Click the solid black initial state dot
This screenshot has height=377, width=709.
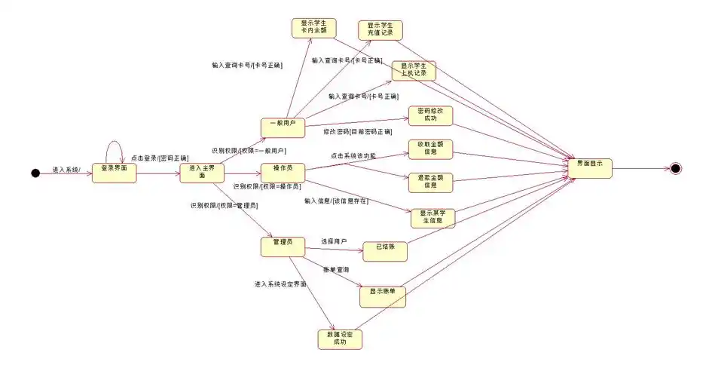click(35, 173)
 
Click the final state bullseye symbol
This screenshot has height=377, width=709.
click(676, 168)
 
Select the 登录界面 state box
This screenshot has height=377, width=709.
click(115, 173)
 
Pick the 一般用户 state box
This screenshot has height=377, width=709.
click(283, 127)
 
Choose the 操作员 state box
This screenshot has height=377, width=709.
click(283, 171)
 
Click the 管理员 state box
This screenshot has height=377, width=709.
click(283, 247)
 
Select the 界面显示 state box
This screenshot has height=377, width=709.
click(591, 167)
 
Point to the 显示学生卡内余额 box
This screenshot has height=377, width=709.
click(313, 28)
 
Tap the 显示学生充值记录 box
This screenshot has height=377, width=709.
click(380, 30)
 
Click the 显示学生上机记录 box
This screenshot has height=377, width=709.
click(414, 71)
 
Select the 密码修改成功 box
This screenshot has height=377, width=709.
click(430, 115)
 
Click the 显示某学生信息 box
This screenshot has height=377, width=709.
click(432, 217)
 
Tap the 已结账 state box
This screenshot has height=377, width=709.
click(385, 250)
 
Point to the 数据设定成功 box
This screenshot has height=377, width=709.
click(340, 339)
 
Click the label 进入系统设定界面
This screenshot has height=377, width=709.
click(280, 284)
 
